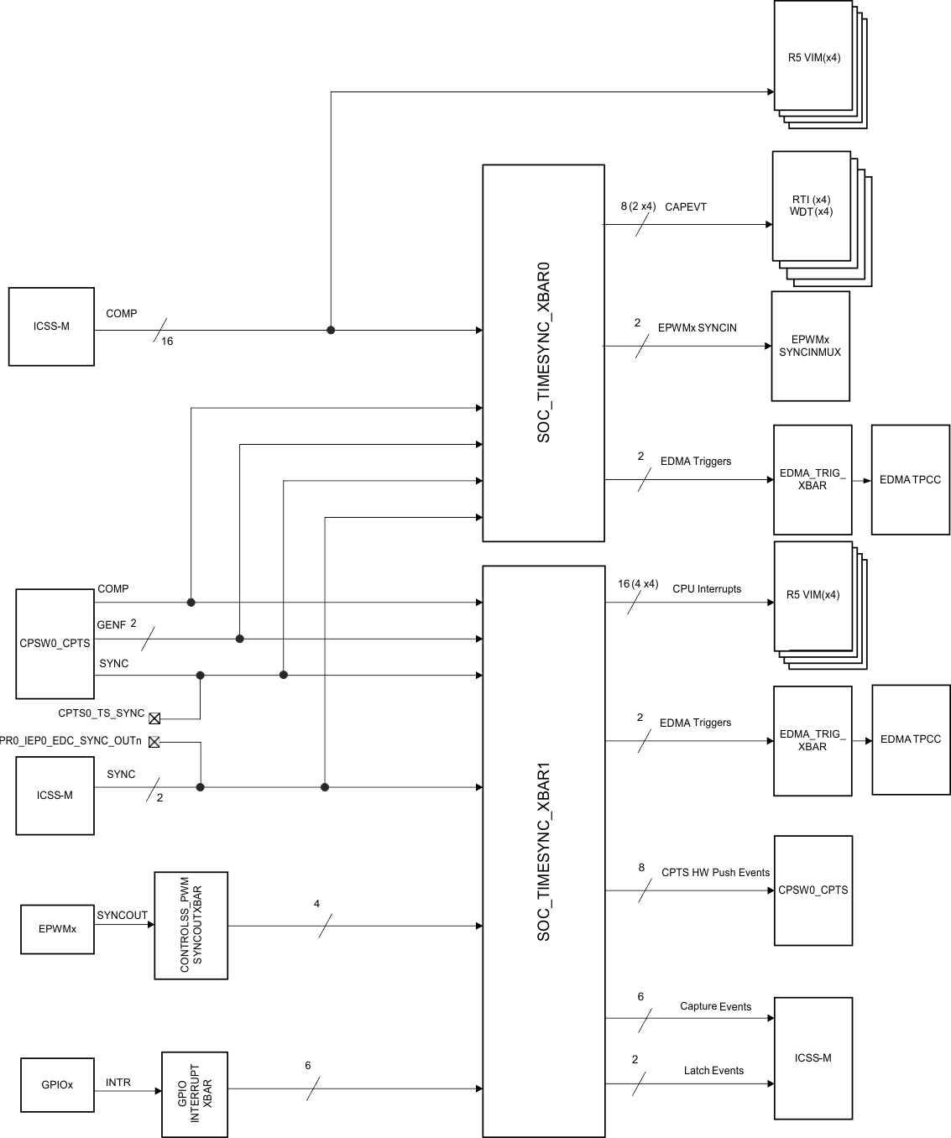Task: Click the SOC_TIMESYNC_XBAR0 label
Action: point(543,352)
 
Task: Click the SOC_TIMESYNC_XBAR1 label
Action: point(543,851)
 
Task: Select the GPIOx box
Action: point(57,1084)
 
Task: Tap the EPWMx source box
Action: point(57,929)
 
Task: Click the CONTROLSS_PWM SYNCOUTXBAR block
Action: point(191,925)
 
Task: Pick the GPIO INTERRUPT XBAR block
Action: point(194,1094)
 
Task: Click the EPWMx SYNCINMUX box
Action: point(810,346)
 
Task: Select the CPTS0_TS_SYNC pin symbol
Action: point(154,718)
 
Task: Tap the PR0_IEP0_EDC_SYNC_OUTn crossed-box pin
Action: point(154,742)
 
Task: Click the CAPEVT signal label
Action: point(685,206)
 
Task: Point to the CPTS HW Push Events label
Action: point(715,873)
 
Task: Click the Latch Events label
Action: point(713,1070)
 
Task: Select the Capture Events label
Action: point(715,1006)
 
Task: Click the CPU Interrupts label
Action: point(706,589)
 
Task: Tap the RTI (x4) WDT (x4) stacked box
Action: point(811,206)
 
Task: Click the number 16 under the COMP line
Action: point(167,342)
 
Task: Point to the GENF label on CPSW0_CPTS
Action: point(111,625)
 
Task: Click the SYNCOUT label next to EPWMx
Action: point(122,916)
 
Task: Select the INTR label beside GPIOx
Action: point(118,1083)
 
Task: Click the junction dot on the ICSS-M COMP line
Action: point(331,331)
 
